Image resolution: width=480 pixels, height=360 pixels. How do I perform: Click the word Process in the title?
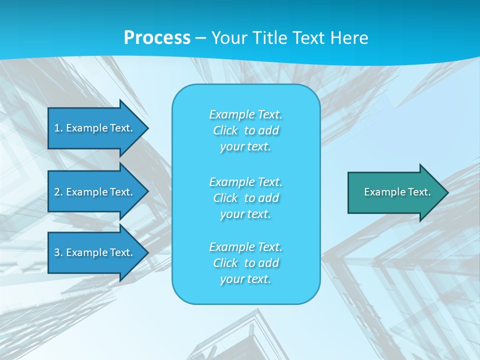pos(157,38)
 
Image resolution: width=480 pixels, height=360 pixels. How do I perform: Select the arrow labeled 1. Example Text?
pos(95,128)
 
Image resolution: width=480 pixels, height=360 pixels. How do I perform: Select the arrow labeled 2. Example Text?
pos(95,192)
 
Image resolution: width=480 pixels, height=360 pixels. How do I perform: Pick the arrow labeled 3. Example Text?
pos(95,252)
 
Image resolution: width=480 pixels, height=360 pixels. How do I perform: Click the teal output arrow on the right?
pos(395,192)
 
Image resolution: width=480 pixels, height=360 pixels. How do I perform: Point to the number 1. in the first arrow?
pos(58,128)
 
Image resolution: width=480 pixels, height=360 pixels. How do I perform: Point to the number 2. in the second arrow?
pos(58,192)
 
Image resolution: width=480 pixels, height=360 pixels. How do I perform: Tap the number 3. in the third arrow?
pos(58,252)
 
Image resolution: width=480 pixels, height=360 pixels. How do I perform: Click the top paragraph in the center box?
pos(245,130)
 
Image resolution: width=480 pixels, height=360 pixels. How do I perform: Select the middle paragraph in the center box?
pos(245,198)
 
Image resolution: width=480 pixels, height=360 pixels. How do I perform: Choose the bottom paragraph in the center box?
pos(245,263)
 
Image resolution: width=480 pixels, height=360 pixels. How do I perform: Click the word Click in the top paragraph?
pos(225,130)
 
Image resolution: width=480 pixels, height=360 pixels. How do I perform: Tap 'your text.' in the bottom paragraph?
pos(245,279)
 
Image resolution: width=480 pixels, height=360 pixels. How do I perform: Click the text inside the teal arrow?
pos(397,192)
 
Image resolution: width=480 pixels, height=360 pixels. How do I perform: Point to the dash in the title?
pos(201,38)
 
